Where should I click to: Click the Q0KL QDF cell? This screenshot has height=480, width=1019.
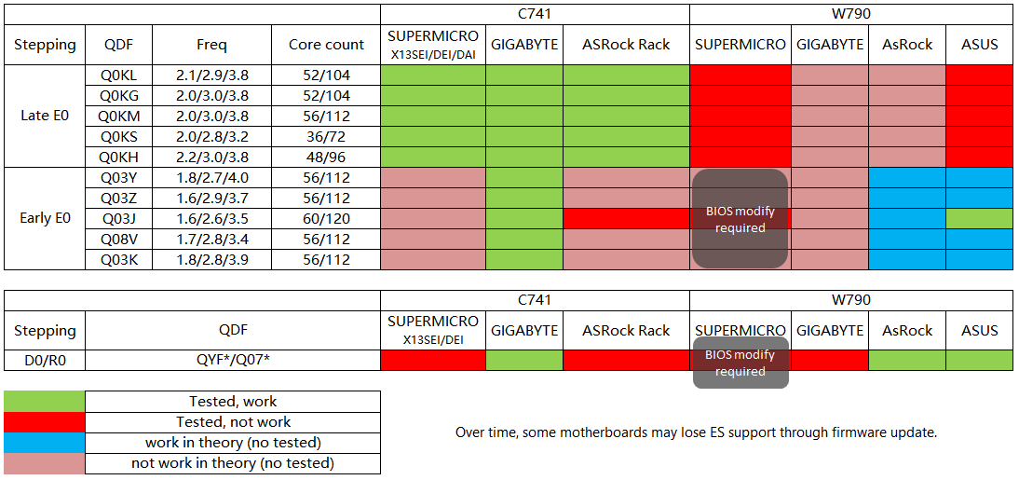point(117,75)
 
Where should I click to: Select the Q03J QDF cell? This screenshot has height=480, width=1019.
point(117,218)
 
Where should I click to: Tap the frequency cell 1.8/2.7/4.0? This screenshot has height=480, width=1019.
point(211,177)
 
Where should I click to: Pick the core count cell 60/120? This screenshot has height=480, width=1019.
point(326,218)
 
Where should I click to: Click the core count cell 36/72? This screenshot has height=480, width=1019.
point(326,136)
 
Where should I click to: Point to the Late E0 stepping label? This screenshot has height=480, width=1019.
point(45,116)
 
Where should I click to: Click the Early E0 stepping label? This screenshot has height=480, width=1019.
point(45,218)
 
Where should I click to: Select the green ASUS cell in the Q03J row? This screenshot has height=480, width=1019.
point(979,218)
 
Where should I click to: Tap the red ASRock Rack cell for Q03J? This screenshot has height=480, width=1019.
point(626,218)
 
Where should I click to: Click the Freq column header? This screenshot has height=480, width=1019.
point(211,45)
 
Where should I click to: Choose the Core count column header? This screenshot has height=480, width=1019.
point(326,45)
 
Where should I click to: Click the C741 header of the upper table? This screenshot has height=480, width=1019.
point(535,14)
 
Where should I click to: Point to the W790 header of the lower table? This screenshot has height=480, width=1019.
point(850,300)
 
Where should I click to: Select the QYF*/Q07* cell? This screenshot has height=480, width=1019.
point(233,360)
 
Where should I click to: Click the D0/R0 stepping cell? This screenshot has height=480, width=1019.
point(45,360)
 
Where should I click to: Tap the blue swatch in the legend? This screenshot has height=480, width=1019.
point(44,443)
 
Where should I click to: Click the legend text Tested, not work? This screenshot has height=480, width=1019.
point(233,422)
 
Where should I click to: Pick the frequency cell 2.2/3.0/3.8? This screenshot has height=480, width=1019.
point(211,157)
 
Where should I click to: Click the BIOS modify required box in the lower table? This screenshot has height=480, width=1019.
point(740,363)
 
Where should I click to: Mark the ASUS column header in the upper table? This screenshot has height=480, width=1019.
point(979,45)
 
